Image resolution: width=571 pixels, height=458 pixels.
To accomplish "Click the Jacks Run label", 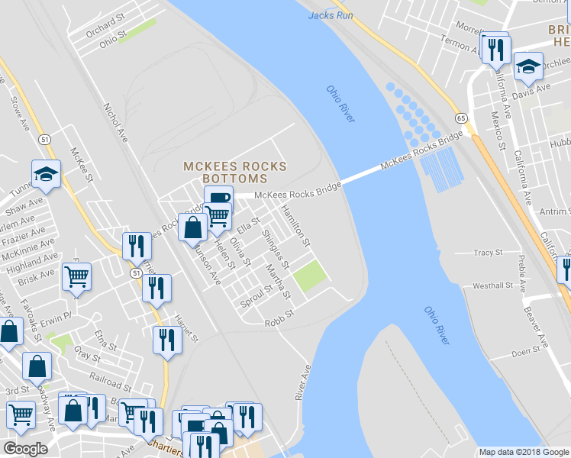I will coord(330,15).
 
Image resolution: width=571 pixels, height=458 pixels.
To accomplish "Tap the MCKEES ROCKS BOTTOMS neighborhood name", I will coord(235,172).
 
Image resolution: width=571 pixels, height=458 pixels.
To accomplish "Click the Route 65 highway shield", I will coord(460,118).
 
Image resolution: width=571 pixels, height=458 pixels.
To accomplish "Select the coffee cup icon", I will coord(218,198).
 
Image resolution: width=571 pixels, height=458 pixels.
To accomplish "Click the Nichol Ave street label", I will coord(116,123).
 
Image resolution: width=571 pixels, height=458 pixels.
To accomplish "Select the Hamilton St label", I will coord(295,225).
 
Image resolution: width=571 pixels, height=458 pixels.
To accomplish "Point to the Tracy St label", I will coord(488,252).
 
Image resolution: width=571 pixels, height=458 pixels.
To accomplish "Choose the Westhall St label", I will coord(492,285).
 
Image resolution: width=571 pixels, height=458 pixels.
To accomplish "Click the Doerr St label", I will coord(526,353).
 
